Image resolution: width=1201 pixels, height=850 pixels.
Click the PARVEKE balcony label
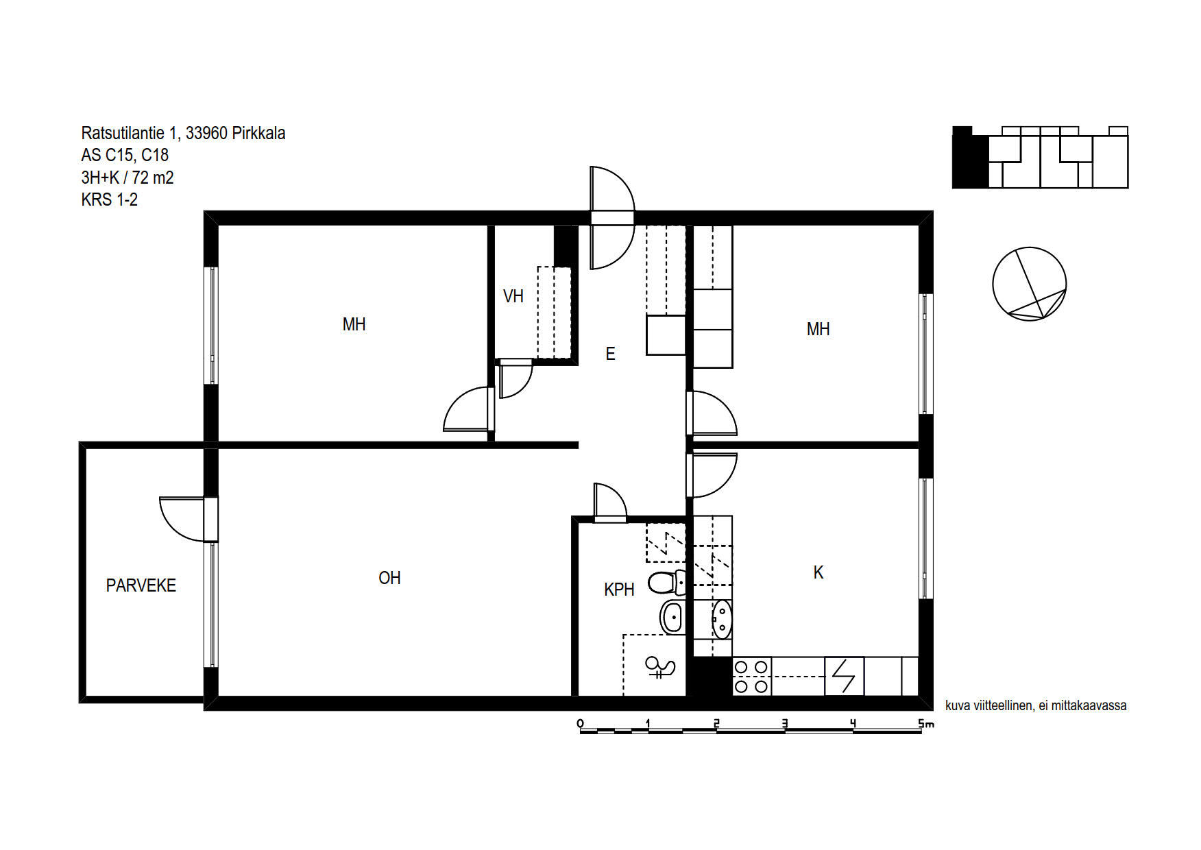click(x=141, y=585)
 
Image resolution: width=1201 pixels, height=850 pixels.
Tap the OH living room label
click(x=389, y=578)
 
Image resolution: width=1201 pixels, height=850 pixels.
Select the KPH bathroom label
click(x=619, y=589)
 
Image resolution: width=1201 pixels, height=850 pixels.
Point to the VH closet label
click(x=513, y=296)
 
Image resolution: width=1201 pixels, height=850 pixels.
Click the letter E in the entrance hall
click(x=610, y=354)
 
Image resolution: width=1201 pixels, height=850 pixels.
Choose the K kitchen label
click(x=818, y=572)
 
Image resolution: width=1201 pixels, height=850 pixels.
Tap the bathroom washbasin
click(x=672, y=617)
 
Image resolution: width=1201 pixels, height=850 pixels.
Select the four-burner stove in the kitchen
click(x=751, y=676)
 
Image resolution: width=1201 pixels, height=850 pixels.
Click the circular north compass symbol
click(x=1029, y=284)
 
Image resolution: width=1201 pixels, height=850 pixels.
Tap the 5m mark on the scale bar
click(x=925, y=723)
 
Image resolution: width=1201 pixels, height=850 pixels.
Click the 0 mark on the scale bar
click(x=581, y=723)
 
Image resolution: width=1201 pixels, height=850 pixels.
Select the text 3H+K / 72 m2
click(x=128, y=178)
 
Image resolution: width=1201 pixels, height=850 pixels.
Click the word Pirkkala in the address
click(x=258, y=133)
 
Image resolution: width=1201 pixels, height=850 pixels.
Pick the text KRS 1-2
click(x=110, y=199)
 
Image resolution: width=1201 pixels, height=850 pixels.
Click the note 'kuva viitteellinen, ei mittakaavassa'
click(x=1036, y=705)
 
